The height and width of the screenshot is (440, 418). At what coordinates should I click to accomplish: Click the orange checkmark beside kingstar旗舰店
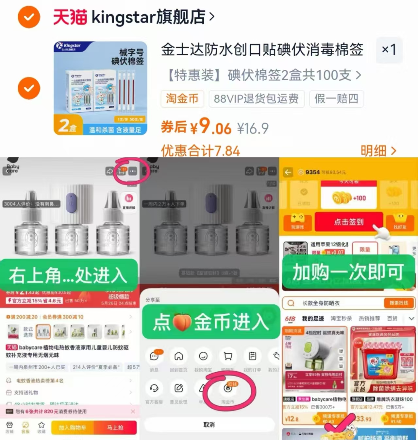point(29,17)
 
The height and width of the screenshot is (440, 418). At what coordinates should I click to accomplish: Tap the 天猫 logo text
point(70,17)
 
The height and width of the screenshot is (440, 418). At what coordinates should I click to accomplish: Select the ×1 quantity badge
point(389,50)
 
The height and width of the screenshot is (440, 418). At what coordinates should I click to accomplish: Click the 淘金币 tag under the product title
point(182,98)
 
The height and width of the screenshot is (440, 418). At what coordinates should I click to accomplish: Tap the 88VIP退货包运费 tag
point(256,98)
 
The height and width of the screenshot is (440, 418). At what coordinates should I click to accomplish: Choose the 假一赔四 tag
point(336,98)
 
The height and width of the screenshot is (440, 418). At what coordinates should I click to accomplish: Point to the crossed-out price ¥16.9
point(253,128)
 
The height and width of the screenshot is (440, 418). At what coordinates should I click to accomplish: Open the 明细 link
point(378,151)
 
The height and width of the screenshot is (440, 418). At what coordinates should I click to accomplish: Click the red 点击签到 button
point(348,222)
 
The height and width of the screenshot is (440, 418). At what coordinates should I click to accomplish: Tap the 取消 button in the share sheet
point(209,425)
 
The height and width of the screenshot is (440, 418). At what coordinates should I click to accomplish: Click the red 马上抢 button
point(115,428)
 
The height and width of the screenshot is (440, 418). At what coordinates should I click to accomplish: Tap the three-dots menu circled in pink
point(133,171)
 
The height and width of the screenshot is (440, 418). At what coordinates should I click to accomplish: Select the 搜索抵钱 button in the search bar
point(398,303)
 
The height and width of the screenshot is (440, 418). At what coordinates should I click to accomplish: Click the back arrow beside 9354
point(288,172)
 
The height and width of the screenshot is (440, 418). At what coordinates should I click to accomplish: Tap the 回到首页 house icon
point(178,356)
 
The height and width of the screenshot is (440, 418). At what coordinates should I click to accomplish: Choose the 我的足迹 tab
point(313,318)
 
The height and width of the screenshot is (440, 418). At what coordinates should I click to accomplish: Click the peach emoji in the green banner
point(182,322)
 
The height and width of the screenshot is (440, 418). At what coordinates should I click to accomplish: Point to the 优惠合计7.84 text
point(200,151)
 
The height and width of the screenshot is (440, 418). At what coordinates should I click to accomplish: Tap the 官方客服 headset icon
point(154,388)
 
